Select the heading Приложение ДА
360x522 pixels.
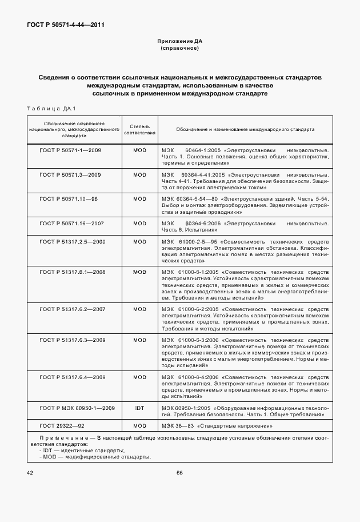pyautogui.click(x=179, y=42)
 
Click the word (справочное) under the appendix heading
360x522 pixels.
pyautogui.click(x=179, y=49)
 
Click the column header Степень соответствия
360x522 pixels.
pyautogui.click(x=139, y=129)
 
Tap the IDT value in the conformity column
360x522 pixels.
pyautogui.click(x=139, y=408)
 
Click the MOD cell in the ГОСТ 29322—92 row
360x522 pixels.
pyautogui.click(x=139, y=427)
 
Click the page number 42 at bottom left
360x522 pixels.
pyautogui.click(x=30, y=473)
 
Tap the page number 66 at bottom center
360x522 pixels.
pyautogui.click(x=179, y=473)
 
